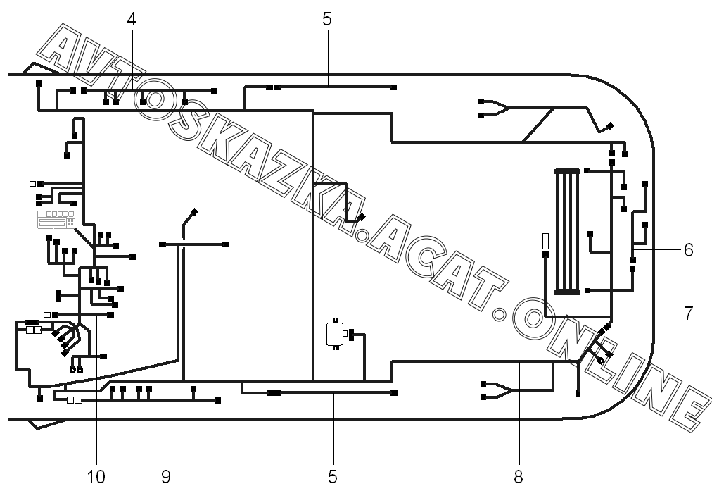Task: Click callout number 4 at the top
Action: (x=132, y=19)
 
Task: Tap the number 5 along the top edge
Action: (x=327, y=19)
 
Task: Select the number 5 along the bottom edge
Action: (x=333, y=476)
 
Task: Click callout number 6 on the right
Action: (x=688, y=250)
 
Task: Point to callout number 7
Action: (x=688, y=313)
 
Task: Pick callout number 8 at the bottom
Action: (x=519, y=476)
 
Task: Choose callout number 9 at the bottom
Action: (x=166, y=476)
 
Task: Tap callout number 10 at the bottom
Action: (x=96, y=476)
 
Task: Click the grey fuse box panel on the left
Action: (x=56, y=219)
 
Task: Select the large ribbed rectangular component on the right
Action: (x=566, y=231)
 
